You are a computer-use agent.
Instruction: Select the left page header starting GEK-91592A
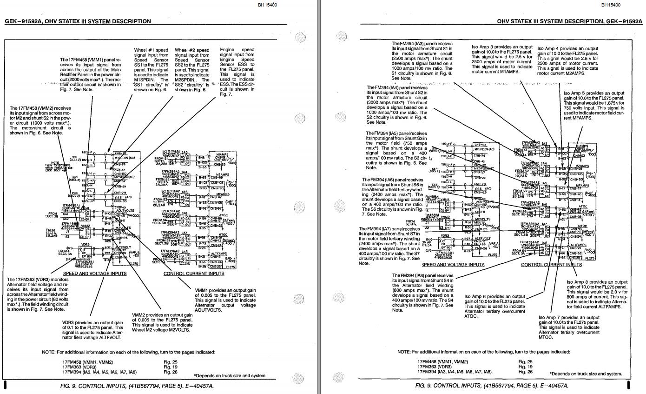[78, 21]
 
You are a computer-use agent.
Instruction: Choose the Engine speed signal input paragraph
[237, 72]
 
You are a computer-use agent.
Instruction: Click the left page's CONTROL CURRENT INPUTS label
[193, 274]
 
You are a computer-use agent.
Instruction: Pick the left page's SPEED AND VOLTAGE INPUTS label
[95, 274]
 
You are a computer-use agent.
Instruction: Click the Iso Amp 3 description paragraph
[502, 60]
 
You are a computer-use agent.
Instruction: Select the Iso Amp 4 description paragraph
[568, 60]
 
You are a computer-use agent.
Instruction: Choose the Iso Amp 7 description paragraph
[569, 327]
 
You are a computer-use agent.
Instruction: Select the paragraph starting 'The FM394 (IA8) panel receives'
[422, 293]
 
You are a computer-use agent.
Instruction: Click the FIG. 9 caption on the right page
[491, 386]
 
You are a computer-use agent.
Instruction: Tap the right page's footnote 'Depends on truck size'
[586, 374]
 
